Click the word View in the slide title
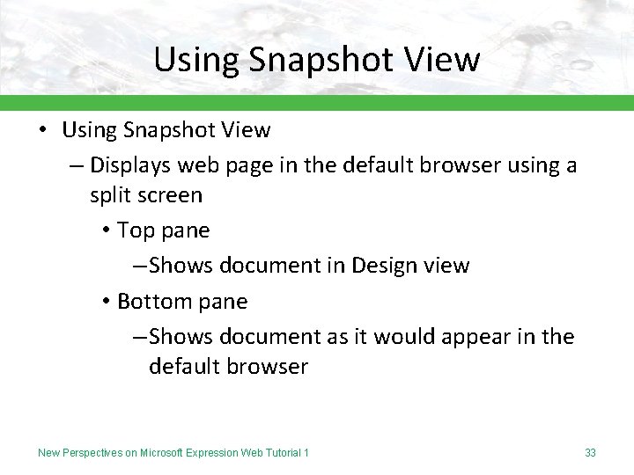445,60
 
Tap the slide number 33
590,453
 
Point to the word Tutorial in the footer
280,453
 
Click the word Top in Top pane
136,230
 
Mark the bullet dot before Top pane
105,230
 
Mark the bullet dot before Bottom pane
105,301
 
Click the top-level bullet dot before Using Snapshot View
42,130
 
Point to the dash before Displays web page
76,165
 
